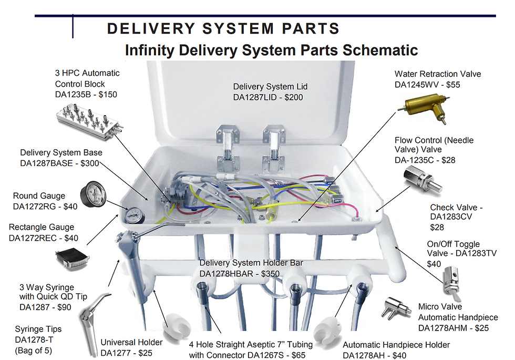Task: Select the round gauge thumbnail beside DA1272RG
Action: [x=95, y=195]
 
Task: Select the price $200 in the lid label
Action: [x=293, y=97]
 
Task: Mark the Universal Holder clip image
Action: [x=171, y=326]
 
